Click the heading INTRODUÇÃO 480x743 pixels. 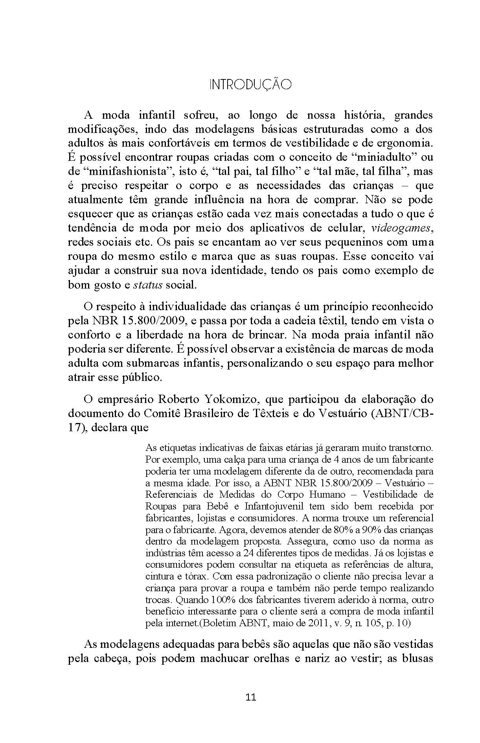[x=250, y=85]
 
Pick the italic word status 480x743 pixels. [x=148, y=285]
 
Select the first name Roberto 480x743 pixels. [x=178, y=399]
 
